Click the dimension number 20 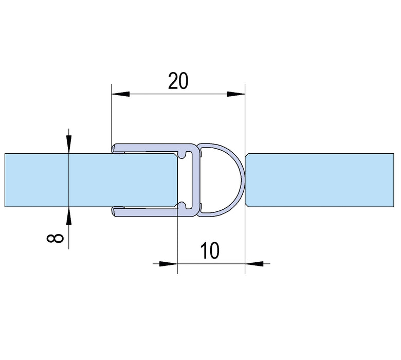[178, 81]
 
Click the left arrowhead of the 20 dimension [120, 94]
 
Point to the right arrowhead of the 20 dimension [236, 94]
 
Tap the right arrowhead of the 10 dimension [253, 263]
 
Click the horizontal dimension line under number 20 [178, 94]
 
